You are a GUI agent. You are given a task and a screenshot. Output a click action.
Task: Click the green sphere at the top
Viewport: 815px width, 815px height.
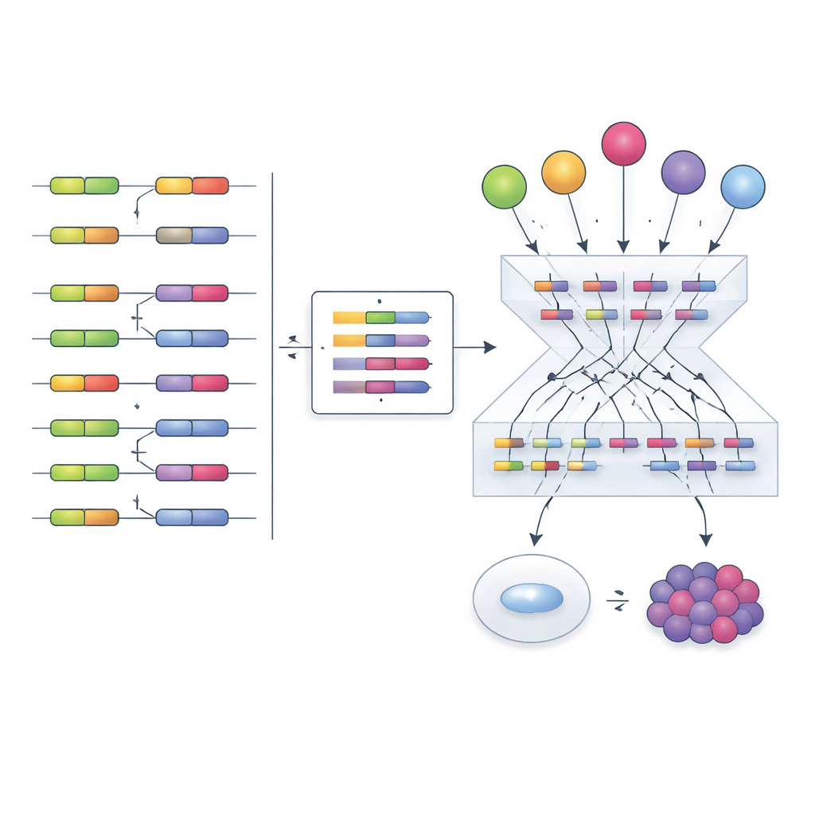pyautogui.click(x=505, y=187)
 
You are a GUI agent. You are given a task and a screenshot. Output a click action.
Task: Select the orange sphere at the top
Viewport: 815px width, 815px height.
pyautogui.click(x=563, y=172)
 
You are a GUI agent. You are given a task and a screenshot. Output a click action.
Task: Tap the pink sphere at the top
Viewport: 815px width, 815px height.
pyautogui.click(x=623, y=144)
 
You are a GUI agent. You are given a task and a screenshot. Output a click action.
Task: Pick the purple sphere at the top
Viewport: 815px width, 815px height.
pyautogui.click(x=683, y=172)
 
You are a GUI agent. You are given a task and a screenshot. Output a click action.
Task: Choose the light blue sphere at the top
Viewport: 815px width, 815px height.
pyautogui.click(x=743, y=187)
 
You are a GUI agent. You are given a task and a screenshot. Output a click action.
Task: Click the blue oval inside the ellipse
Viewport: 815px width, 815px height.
pyautogui.click(x=532, y=598)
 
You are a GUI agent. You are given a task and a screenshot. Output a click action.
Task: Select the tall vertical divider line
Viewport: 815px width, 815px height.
pyautogui.click(x=272, y=355)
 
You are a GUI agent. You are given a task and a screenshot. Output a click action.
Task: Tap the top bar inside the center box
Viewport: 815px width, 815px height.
pyautogui.click(x=381, y=318)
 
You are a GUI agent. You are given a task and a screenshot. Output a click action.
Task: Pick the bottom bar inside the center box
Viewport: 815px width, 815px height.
pyautogui.click(x=381, y=388)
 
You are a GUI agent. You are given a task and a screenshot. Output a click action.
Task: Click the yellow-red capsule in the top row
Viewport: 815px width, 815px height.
pyautogui.click(x=192, y=185)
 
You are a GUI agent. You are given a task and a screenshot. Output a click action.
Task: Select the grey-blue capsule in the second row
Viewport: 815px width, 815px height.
pyautogui.click(x=192, y=235)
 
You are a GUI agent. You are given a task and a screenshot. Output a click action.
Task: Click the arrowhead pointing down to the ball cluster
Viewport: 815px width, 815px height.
pyautogui.click(x=705, y=540)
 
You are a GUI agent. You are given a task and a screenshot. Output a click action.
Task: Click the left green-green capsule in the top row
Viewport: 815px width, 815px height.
pyautogui.click(x=84, y=185)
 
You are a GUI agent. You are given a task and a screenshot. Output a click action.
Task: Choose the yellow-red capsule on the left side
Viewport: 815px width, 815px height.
pyautogui.click(x=84, y=383)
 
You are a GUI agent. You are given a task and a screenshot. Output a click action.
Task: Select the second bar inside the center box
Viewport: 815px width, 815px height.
pyautogui.click(x=381, y=341)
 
